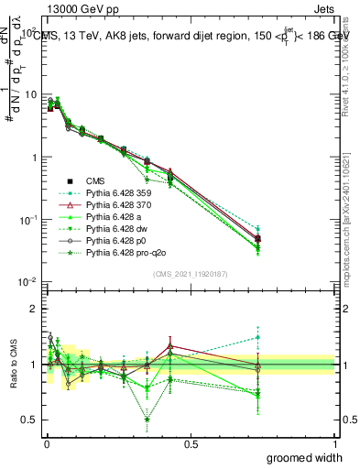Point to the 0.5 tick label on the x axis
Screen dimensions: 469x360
pos(191,443)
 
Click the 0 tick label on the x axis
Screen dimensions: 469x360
pos(46,443)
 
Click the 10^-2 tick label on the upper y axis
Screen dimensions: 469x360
pos(26,282)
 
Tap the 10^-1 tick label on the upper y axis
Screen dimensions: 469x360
pos(26,220)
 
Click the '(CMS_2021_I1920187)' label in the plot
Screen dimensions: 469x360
pos(191,273)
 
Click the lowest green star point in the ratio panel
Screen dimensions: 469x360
pos(147,420)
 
